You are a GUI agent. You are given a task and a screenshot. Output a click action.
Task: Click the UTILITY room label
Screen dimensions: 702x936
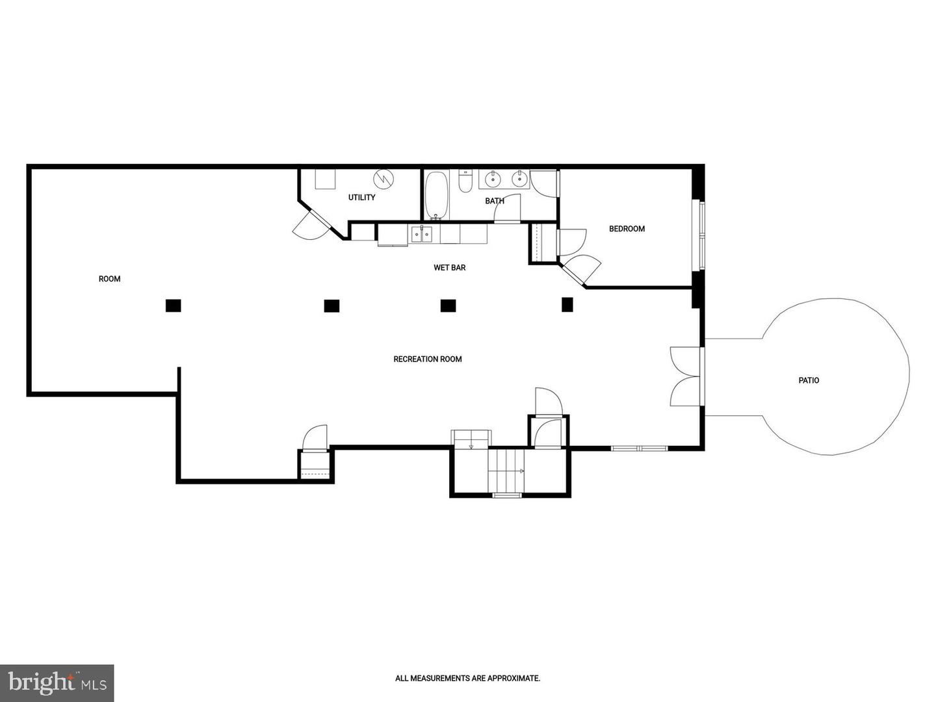[361, 198]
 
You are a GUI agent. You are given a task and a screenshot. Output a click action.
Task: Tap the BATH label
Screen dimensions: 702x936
[495, 201]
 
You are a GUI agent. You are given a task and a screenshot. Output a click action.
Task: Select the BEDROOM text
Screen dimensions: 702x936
[627, 229]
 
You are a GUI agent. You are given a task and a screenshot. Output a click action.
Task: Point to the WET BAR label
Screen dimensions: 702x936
[449, 268]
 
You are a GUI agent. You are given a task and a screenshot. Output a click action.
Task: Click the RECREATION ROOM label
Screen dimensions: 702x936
[428, 359]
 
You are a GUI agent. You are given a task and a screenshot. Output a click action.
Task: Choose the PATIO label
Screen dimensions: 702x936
[809, 381]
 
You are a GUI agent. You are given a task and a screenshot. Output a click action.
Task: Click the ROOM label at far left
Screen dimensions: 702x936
[109, 279]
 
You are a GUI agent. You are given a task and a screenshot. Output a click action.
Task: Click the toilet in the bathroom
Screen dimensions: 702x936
[465, 182]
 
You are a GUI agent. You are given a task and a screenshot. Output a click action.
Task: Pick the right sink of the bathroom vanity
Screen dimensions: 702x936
[519, 177]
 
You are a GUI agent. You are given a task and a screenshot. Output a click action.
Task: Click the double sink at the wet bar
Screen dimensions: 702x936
[421, 234]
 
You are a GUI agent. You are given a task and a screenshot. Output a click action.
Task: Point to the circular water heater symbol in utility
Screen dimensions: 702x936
[383, 179]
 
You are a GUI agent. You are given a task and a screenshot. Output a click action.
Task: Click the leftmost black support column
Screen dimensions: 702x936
[173, 305]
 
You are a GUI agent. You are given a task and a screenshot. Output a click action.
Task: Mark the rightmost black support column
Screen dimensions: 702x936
[567, 304]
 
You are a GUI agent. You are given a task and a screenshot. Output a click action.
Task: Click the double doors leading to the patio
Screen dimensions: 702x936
[686, 377]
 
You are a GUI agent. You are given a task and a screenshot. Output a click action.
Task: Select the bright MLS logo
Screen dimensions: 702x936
[57, 683]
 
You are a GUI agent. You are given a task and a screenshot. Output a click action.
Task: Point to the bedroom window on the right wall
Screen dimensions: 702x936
[701, 235]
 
